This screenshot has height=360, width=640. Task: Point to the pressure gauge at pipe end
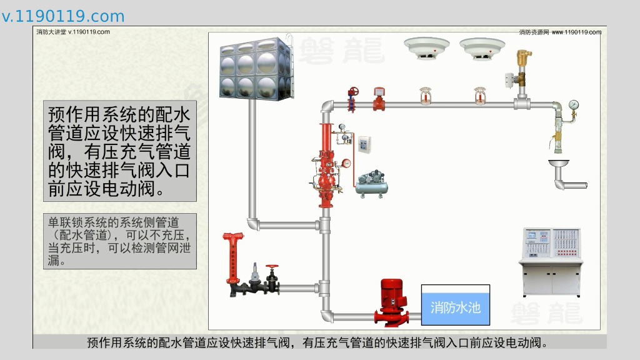tap(574, 105)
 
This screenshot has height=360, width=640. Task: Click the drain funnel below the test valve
tap(559, 166)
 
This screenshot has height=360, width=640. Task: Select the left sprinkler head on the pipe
tap(425, 96)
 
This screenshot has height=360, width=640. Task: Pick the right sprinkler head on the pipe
tap(479, 96)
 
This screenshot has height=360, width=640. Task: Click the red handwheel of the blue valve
tap(354, 90)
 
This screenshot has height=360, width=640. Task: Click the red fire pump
tap(392, 302)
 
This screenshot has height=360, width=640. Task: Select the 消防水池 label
tap(455, 307)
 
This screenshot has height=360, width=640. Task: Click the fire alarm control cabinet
tap(551, 261)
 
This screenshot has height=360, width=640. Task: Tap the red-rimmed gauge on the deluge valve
tap(346, 164)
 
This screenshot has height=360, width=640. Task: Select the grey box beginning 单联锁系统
tap(120, 241)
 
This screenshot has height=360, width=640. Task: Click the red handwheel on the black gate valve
tap(271, 267)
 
